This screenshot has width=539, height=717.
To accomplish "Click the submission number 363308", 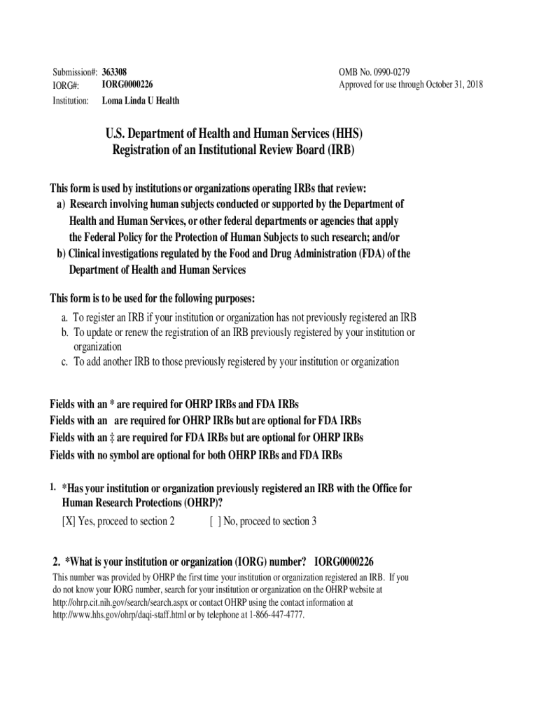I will pos(114,72).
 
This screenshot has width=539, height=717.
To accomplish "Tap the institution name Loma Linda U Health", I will pos(140,100).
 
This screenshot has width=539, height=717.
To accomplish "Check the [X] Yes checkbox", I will pos(69,521).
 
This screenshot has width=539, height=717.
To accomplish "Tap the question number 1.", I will pos(53,486).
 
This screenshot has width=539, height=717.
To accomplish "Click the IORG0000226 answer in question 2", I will pos(344,562).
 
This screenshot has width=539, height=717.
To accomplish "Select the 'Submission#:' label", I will pos(75,72).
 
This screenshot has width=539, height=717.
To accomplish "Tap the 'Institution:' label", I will pos(71,100).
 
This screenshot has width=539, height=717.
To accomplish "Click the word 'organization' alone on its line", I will pos(98,347).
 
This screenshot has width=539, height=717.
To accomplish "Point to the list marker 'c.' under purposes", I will pos(64,362).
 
